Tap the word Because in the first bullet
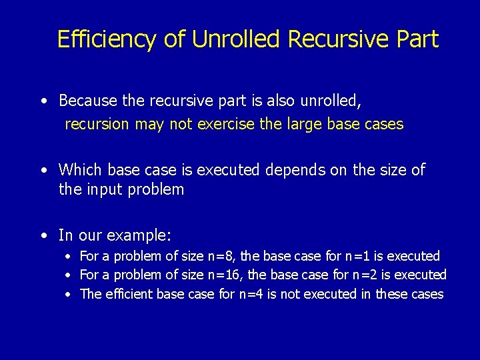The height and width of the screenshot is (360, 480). pyautogui.click(x=89, y=101)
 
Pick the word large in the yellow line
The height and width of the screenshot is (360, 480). pyautogui.click(x=302, y=125)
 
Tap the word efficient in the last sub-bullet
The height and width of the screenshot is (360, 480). pyautogui.click(x=129, y=294)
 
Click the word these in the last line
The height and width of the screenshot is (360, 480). pyautogui.click(x=393, y=294)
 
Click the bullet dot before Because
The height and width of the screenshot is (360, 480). pyautogui.click(x=43, y=101)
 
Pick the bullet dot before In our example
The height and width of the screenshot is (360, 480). pyautogui.click(x=43, y=236)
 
